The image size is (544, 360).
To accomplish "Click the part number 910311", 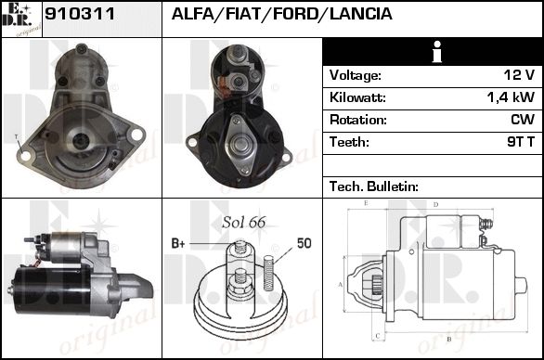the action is tap(80, 14).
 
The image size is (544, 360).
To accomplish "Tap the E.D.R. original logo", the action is tap(21, 19).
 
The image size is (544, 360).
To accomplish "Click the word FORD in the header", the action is tap(295, 14).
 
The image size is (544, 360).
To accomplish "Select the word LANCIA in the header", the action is tap(361, 14).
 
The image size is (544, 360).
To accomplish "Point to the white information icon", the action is tap(437, 52).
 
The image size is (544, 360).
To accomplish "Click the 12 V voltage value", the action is tap(519, 75).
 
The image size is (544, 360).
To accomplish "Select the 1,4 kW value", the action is tap(511, 97).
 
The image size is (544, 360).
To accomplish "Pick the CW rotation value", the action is tap(523, 120).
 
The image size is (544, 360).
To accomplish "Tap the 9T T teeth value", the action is tap(521, 142).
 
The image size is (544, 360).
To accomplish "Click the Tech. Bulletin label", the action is tap(374, 186).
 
